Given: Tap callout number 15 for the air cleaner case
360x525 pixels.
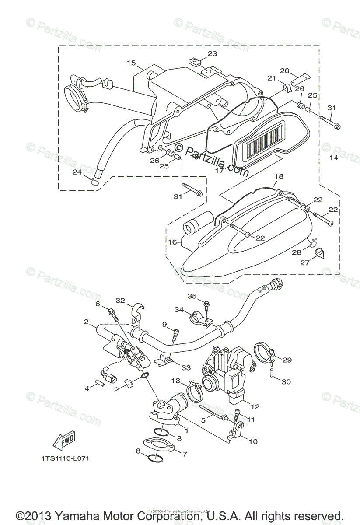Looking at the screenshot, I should pos(132,63).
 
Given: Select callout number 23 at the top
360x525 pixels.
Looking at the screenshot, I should pos(212,54).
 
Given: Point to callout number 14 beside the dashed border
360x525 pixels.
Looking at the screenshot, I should pos(333,157).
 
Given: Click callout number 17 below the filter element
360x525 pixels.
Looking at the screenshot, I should pos(220,171).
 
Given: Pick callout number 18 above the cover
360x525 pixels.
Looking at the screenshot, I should pos(279,176).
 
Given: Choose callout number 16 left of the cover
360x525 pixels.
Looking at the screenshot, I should pos(173,242).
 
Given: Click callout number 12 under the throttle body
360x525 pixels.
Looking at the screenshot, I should pos(255,407).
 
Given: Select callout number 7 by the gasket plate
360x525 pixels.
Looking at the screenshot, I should pos(184,454).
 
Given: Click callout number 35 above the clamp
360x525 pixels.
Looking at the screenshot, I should pos(192,296).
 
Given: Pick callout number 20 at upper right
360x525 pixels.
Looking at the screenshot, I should pos(285,71).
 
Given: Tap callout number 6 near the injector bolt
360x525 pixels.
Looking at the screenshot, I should pos(98,304).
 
